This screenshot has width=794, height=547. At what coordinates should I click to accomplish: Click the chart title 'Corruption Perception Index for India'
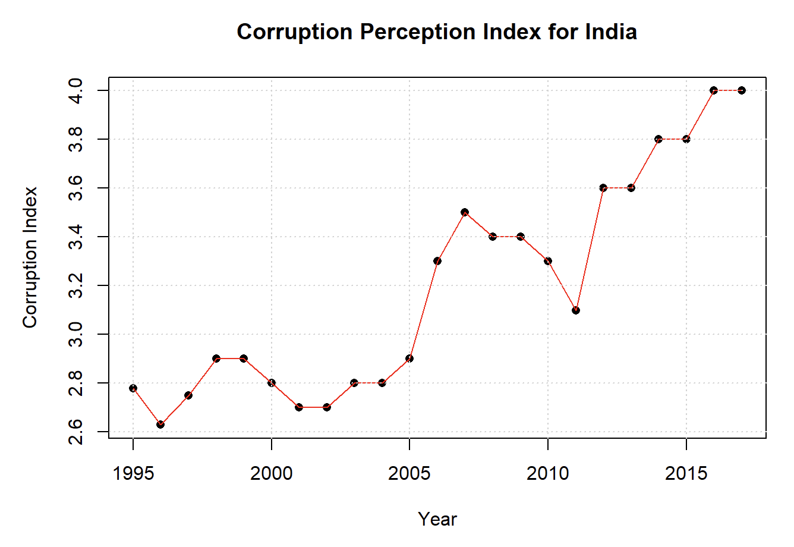437,32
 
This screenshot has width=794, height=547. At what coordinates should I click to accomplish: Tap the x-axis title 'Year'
437,519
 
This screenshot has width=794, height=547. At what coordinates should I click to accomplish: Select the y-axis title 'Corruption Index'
30,257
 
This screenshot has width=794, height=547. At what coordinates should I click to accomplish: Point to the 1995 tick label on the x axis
133,474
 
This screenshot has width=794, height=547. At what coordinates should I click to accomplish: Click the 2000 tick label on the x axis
272,474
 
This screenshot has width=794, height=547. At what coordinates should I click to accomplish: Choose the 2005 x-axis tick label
409,474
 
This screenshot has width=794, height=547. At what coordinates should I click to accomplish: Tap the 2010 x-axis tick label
547,474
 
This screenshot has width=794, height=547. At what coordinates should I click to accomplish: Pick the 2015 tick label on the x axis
686,474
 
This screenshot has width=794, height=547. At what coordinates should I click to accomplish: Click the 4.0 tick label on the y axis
75,90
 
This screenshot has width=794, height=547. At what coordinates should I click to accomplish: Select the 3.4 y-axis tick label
75,237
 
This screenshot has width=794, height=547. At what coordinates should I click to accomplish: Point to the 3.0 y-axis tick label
75,334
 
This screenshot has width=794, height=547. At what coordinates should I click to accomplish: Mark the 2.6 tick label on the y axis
75,432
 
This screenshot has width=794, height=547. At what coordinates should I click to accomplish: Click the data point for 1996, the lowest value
160,425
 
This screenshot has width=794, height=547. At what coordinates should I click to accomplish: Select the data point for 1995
133,388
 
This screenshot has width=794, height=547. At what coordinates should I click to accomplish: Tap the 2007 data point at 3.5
465,212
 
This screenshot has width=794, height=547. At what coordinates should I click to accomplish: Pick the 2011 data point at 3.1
576,310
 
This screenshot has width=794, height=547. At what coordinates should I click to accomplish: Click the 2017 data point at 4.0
742,90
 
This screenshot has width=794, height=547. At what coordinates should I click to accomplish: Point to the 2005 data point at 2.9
409,359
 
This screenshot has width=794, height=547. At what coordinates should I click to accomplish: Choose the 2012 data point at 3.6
603,188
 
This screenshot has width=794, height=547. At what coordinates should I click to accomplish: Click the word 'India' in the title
611,32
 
